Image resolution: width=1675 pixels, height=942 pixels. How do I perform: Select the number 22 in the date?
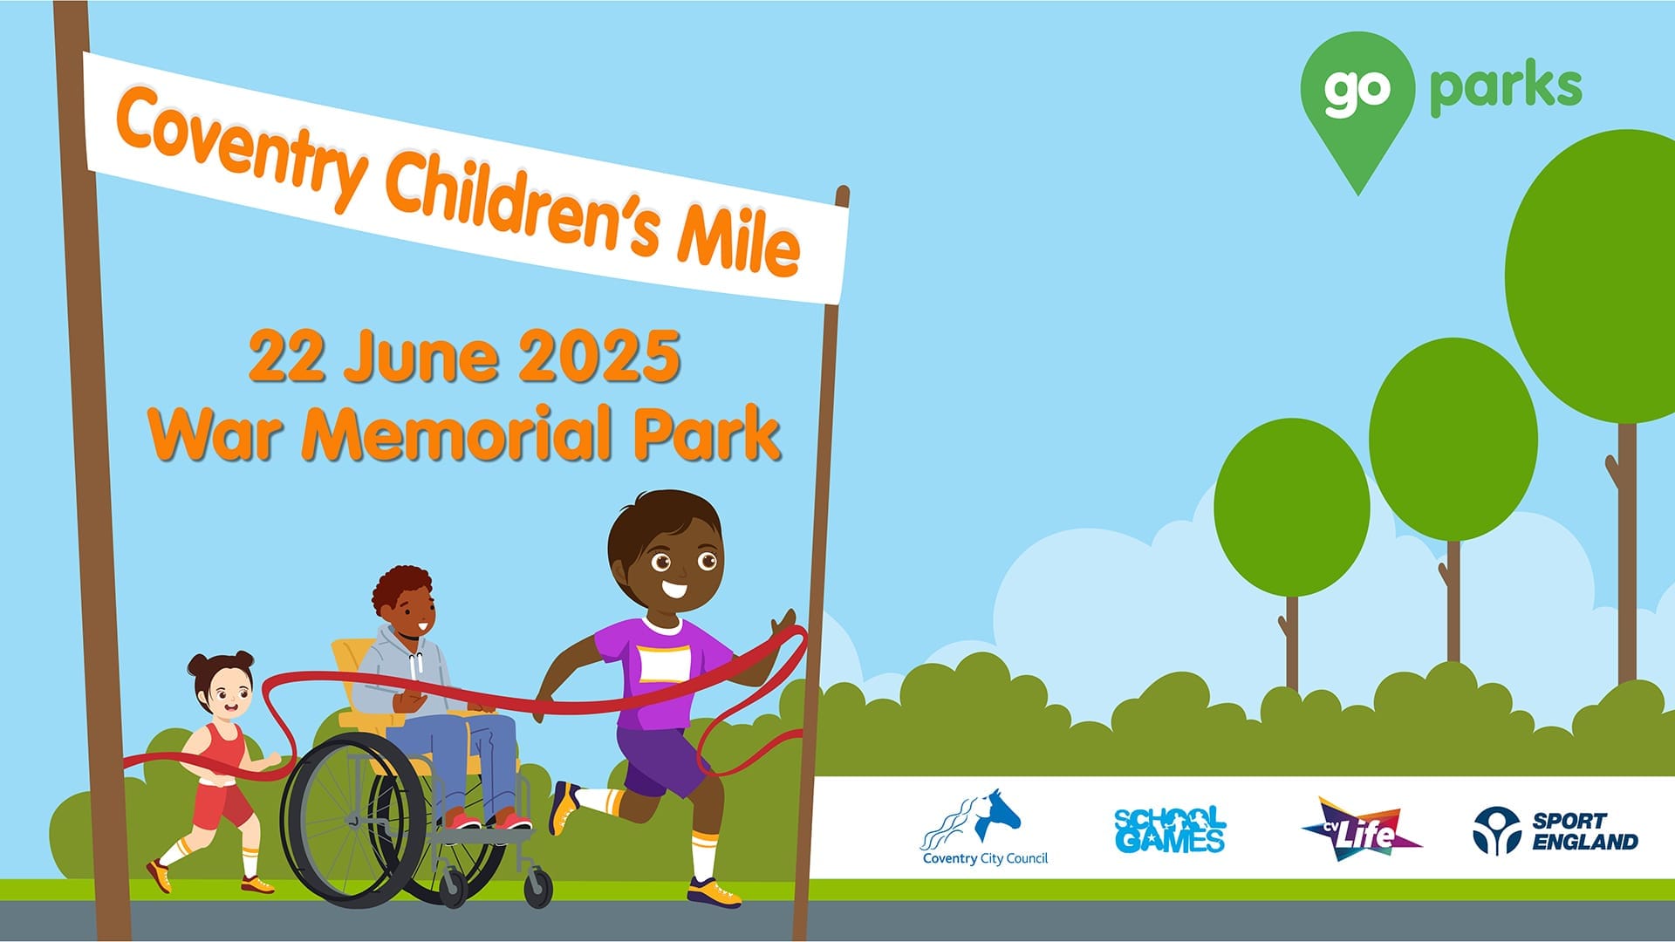pyautogui.click(x=286, y=357)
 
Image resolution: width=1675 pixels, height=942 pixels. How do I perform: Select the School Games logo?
pyautogui.click(x=1170, y=829)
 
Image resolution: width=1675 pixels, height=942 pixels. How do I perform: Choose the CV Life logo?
pyautogui.click(x=1361, y=829)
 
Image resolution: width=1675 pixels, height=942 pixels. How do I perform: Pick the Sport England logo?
pyautogui.click(x=1555, y=830)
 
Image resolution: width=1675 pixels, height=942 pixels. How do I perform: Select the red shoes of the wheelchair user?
pyautogui.click(x=489, y=821)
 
